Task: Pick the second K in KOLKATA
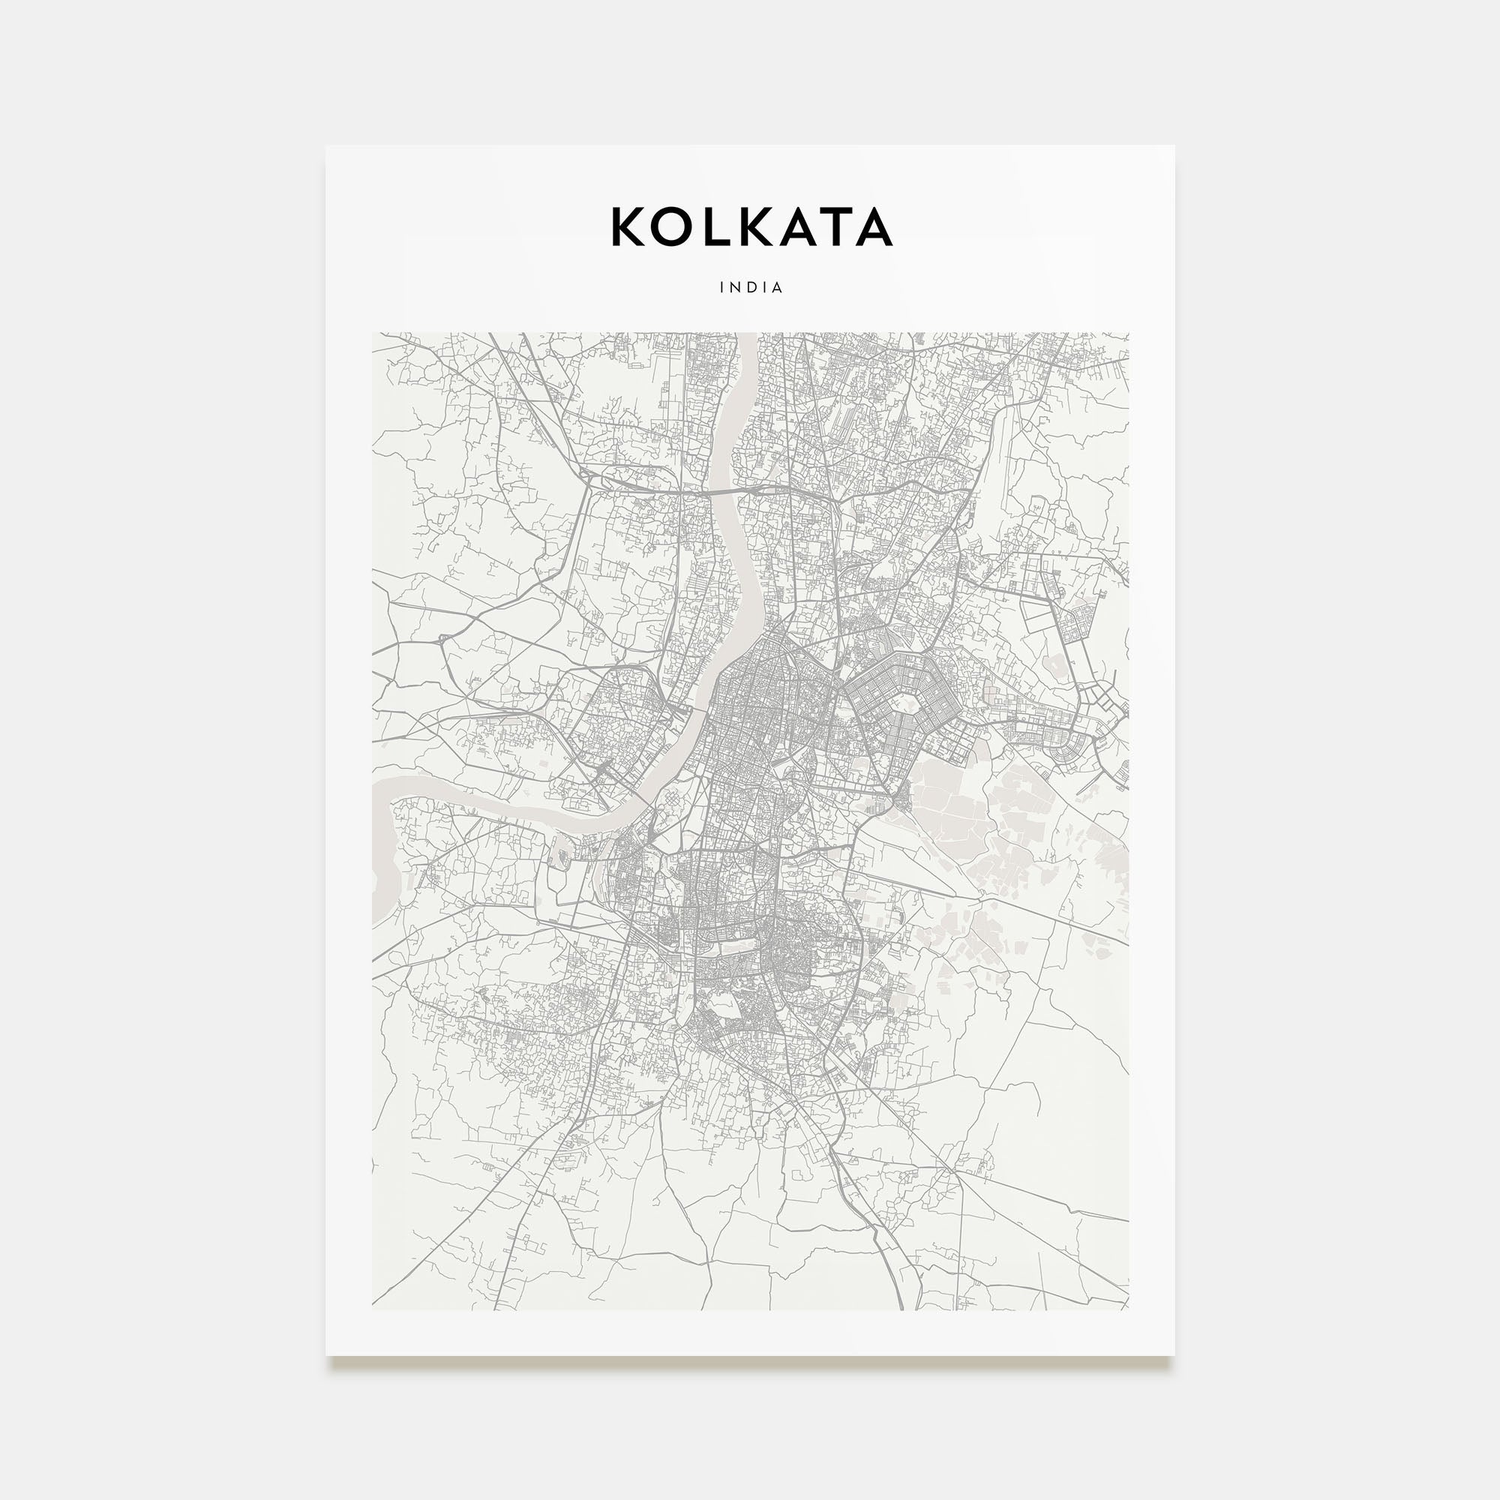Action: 751,226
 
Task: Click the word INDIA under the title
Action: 751,287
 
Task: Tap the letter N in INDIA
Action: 733,287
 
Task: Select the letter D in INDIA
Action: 749,287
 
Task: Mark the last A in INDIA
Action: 778,287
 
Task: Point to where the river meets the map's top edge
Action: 747,334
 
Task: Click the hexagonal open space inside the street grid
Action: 906,706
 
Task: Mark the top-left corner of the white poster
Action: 326,146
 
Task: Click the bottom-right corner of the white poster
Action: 1174,1354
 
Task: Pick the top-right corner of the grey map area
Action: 1128,333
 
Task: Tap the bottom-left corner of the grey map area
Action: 373,1309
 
